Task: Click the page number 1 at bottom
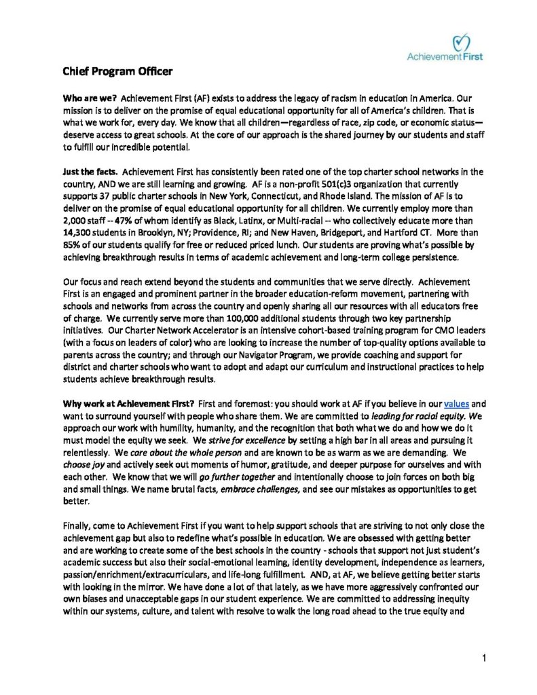pos(485,658)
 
